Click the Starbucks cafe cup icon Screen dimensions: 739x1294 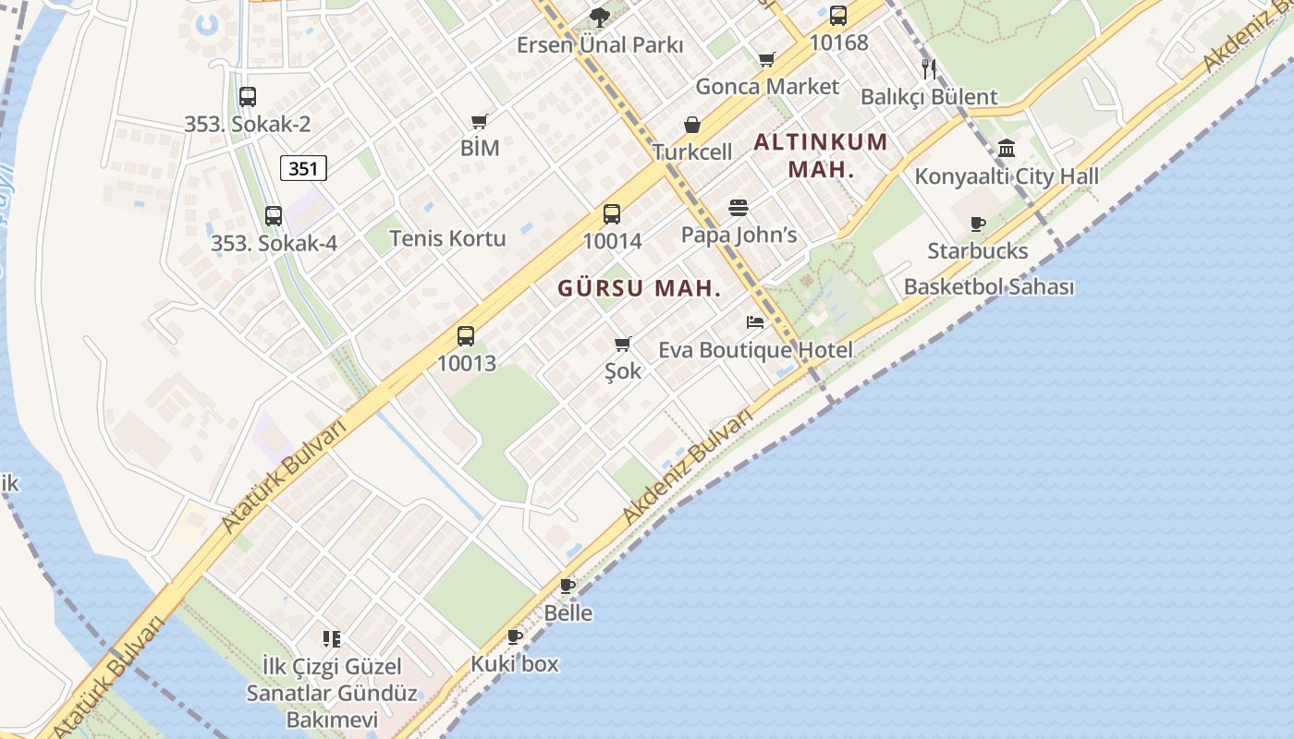978,224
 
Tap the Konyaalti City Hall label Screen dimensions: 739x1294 1007,176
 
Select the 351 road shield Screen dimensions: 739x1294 303,168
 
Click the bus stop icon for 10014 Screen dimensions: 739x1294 612,214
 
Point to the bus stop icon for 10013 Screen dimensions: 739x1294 466,336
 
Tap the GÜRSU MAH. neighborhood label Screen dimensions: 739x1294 639,288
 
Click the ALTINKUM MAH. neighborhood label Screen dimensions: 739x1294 821,156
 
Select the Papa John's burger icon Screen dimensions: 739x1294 738,208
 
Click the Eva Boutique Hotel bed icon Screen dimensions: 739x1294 755,322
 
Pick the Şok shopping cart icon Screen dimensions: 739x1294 623,345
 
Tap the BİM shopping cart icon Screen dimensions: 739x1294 479,121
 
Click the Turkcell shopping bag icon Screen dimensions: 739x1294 691,125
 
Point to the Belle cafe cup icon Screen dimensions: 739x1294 568,586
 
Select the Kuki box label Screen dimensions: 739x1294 515,663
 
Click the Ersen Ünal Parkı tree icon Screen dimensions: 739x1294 599,17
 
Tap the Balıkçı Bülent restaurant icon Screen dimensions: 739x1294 929,68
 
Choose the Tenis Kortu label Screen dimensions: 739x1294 447,238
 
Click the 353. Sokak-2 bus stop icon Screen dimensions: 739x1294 247,96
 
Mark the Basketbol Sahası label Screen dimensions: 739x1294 989,286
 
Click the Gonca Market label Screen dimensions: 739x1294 767,87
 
